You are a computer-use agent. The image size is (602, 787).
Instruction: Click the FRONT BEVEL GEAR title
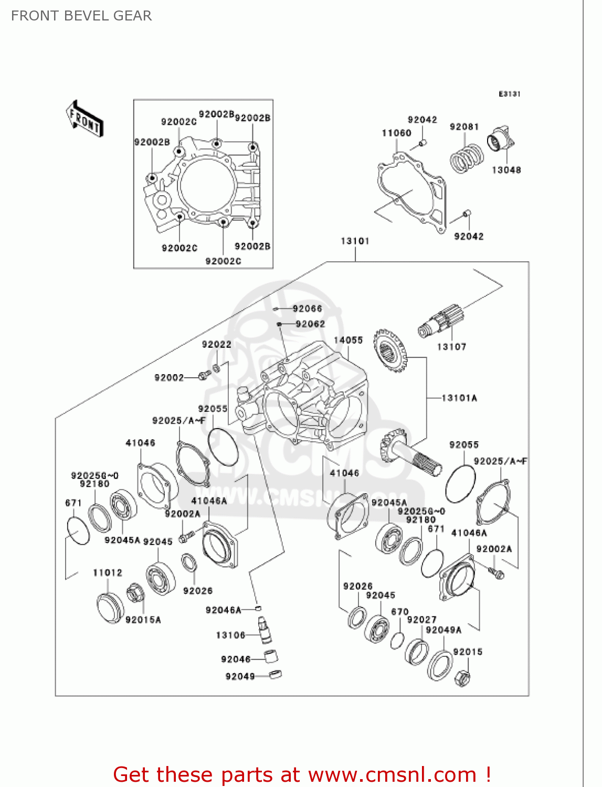tap(81, 16)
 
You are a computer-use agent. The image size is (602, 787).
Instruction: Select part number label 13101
tap(355, 241)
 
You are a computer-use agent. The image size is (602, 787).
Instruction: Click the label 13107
tap(451, 346)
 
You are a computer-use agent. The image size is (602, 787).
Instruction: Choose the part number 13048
tap(506, 170)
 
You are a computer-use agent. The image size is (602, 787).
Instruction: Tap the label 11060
tap(396, 133)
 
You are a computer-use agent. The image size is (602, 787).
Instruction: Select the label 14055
tap(348, 340)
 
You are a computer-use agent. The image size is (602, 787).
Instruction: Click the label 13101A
tap(459, 398)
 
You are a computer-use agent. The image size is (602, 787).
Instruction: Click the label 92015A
tap(143, 620)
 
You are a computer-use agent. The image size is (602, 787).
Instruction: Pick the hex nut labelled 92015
tap(462, 678)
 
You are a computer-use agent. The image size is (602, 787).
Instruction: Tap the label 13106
tap(231, 635)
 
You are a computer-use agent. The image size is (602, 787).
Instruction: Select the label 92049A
tap(443, 630)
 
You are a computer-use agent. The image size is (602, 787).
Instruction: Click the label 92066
tap(308, 309)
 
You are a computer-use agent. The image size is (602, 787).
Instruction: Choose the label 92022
tap(217, 344)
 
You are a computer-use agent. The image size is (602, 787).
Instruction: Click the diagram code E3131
tap(509, 94)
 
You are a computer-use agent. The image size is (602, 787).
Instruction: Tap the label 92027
tap(421, 620)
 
